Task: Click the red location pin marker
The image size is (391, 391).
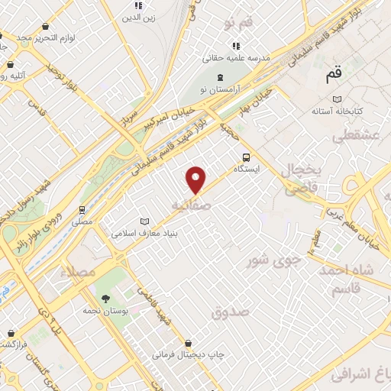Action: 196,180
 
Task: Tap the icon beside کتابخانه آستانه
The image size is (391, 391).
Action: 337,99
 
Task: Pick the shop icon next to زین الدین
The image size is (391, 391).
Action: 138,5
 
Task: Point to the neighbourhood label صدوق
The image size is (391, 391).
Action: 231,312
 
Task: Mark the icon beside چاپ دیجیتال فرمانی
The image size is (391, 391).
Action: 188,344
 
